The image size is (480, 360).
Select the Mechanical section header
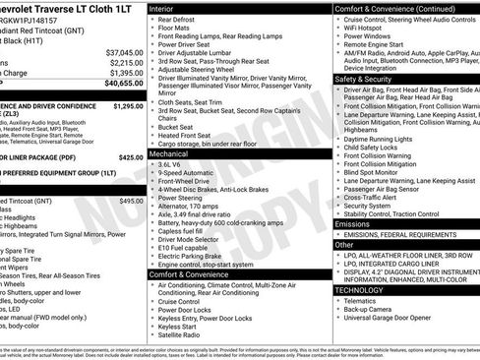(172, 154)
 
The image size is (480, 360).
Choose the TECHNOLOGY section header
(358, 290)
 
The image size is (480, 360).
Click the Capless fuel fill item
(183, 231)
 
